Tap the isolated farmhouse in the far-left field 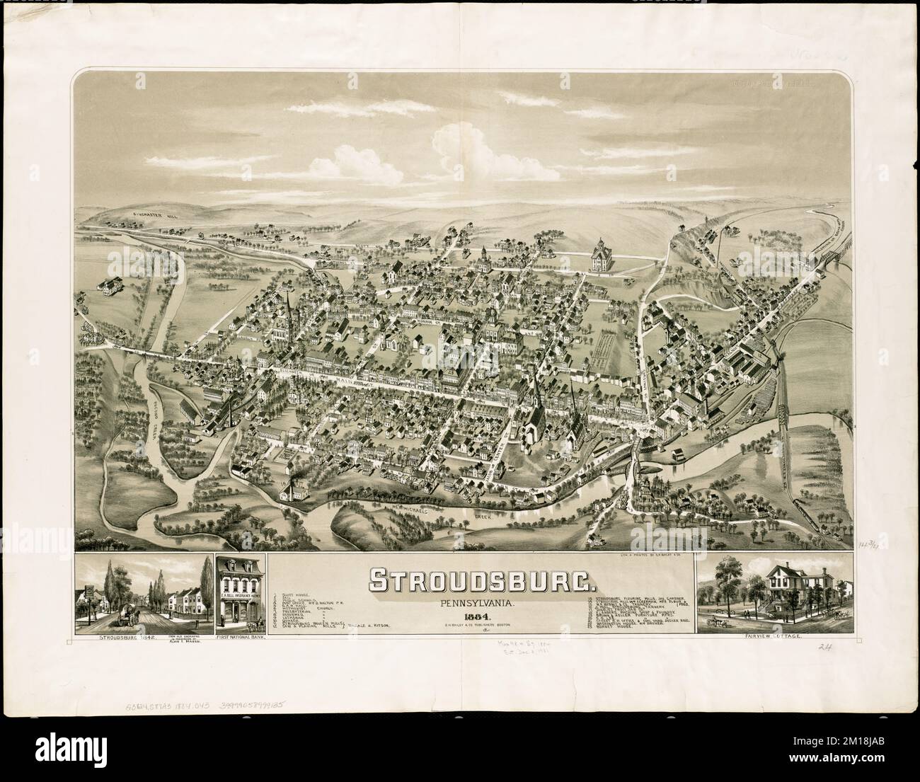pos(108,286)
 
